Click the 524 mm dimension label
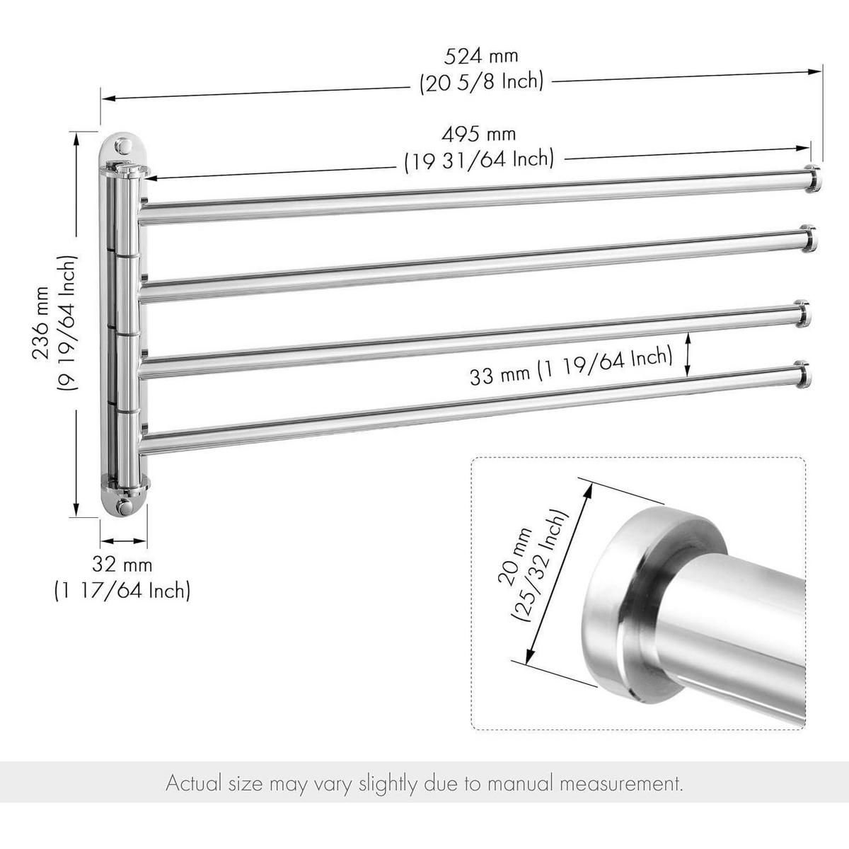(481, 57)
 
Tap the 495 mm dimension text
(478, 134)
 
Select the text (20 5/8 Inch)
(481, 82)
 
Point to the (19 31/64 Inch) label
(479, 159)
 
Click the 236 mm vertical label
(42, 323)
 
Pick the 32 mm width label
(122, 565)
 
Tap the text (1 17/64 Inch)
(122, 590)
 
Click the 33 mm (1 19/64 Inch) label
(571, 366)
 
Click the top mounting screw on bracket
(123, 146)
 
